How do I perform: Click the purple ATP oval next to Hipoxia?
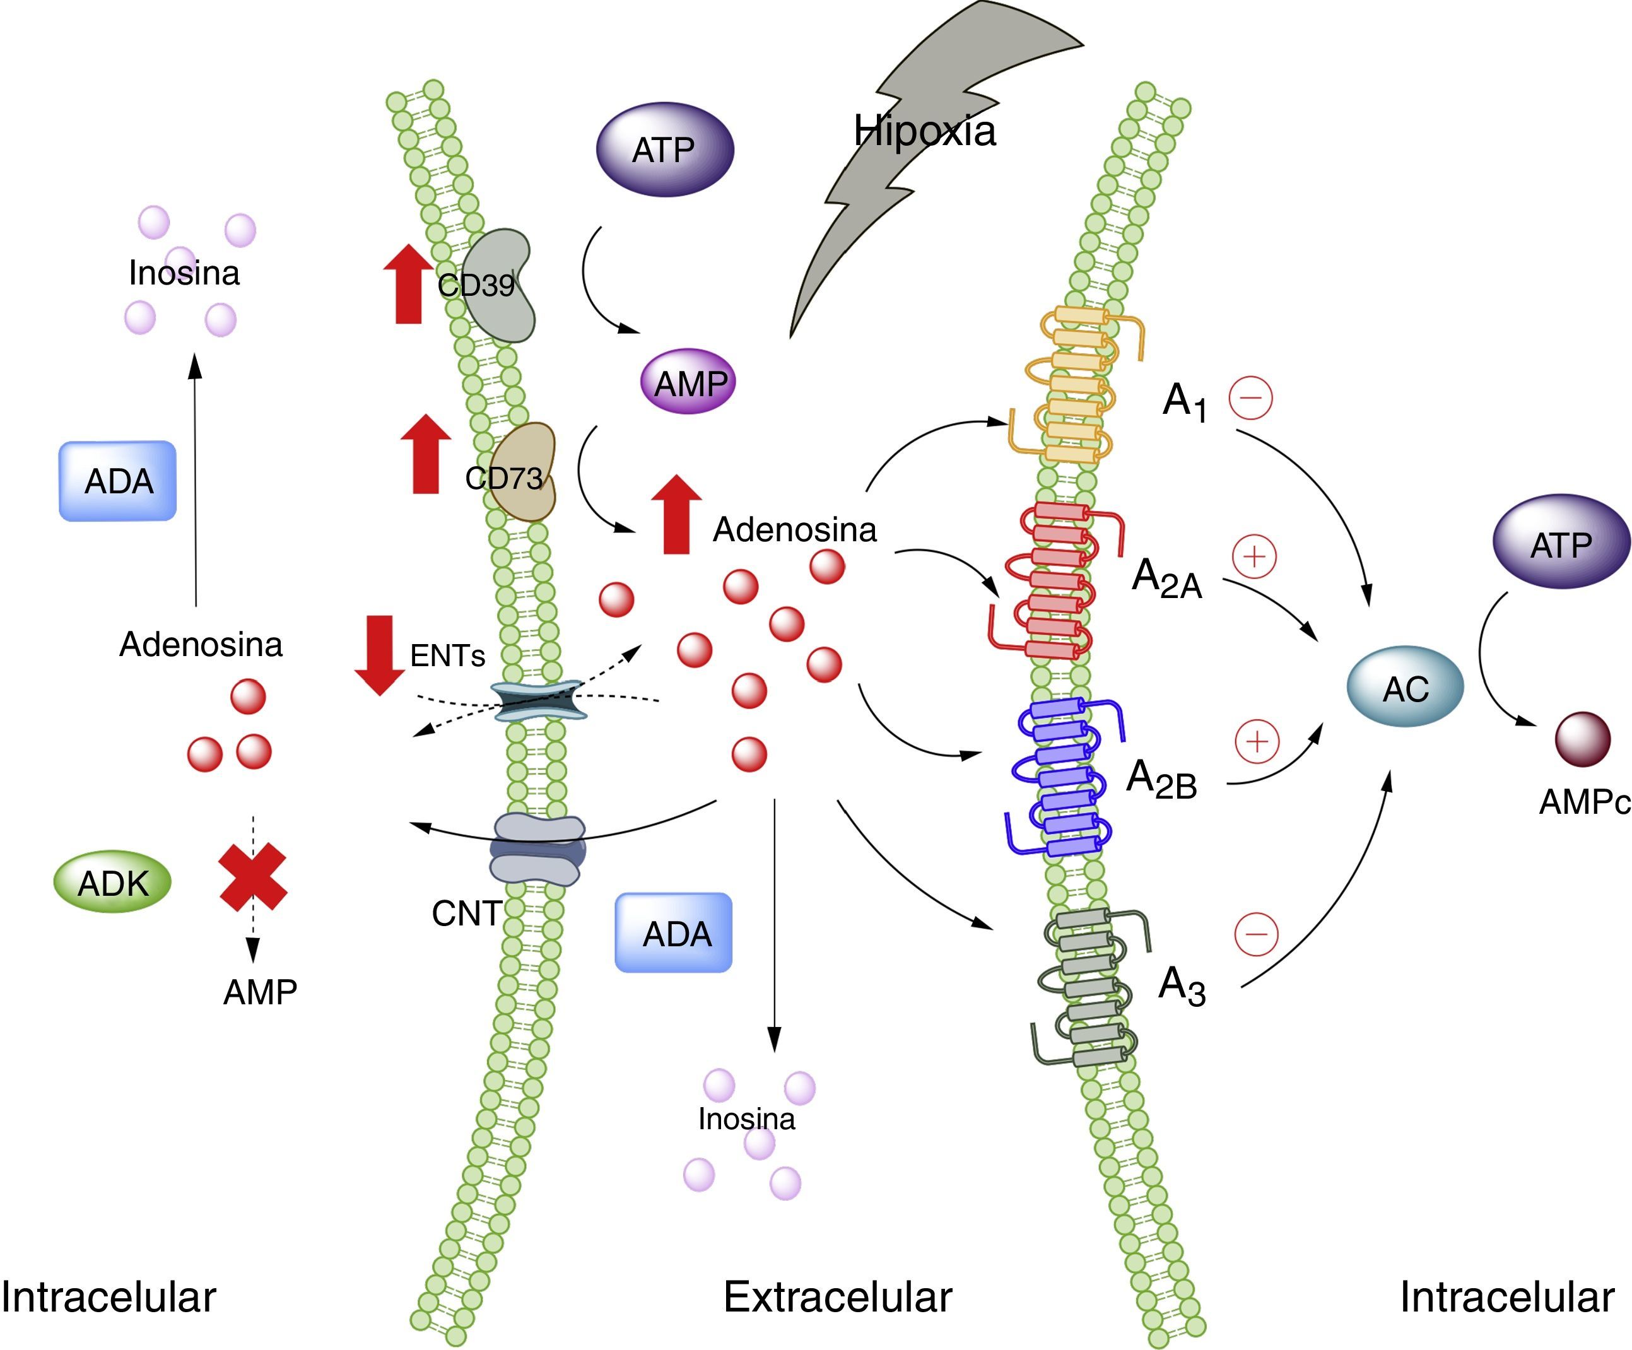point(664,150)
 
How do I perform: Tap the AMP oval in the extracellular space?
point(688,382)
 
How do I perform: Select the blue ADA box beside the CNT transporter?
point(674,932)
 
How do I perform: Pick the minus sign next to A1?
point(1250,398)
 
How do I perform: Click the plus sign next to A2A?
point(1254,556)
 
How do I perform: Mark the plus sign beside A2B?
point(1257,741)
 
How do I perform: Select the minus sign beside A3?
point(1256,934)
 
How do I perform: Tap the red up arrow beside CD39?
point(409,284)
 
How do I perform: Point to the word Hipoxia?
point(924,131)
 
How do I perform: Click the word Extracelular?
point(837,1297)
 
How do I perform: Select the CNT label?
point(466,913)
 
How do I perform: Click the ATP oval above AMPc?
point(1561,544)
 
